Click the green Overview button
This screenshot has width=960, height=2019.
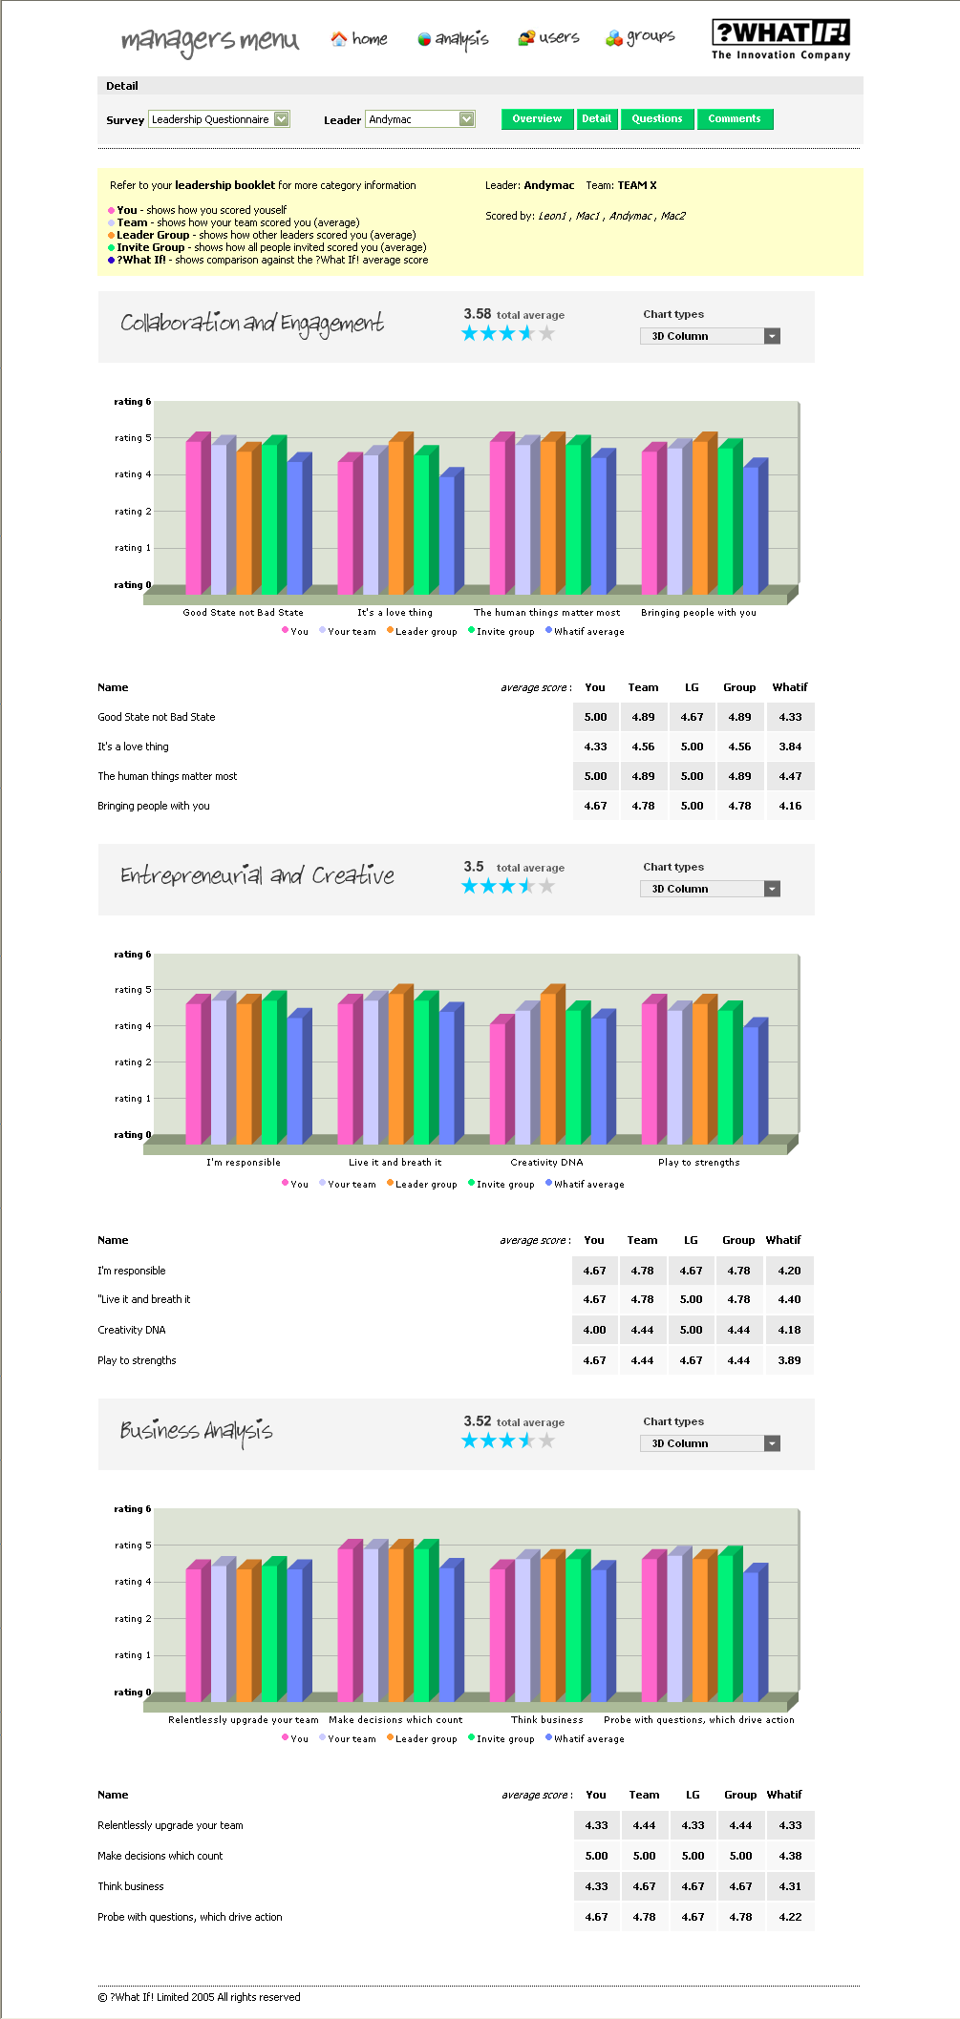(537, 119)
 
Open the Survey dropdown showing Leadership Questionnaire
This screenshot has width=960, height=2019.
(219, 119)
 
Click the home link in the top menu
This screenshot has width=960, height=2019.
(359, 39)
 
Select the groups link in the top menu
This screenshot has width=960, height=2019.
(640, 37)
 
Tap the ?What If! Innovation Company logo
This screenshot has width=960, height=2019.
(780, 40)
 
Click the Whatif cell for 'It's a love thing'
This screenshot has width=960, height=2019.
(790, 747)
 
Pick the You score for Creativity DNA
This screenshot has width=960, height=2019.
(595, 1330)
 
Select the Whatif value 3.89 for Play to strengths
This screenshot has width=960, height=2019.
(789, 1360)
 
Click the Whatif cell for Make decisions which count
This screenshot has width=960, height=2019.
(790, 1856)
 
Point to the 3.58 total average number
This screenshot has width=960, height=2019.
(478, 314)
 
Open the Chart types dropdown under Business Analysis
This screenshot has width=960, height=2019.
(710, 1443)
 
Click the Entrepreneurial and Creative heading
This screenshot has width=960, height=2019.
(257, 875)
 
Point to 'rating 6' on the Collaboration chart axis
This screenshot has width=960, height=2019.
(133, 402)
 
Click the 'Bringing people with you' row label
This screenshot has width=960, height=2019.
(154, 806)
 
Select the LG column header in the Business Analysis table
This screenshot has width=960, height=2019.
(693, 1795)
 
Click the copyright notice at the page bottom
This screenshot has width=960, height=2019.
(199, 1997)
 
